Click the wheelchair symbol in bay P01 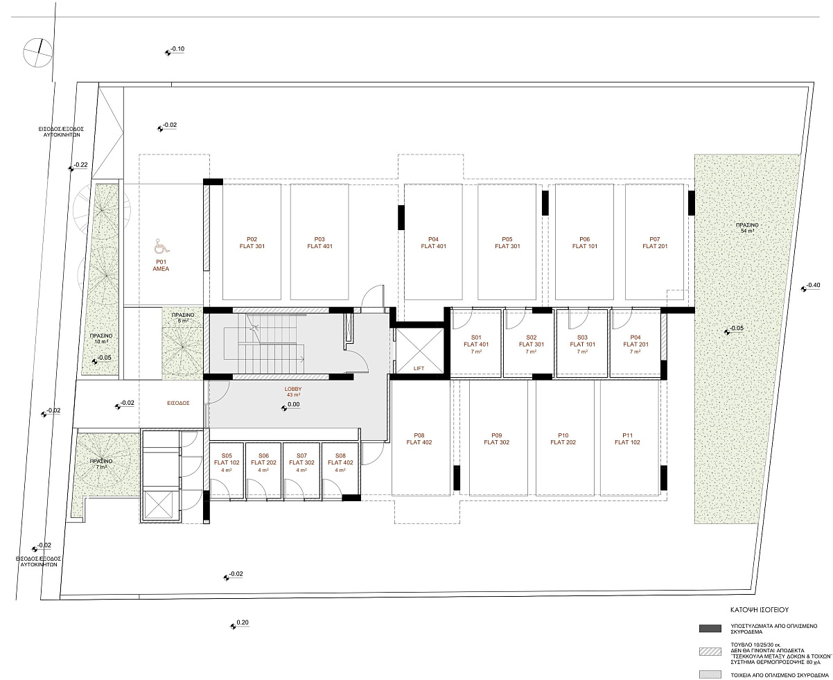(x=162, y=245)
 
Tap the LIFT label (x=419, y=368)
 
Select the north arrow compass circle (x=37, y=53)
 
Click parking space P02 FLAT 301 (x=252, y=242)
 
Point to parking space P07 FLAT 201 (x=654, y=242)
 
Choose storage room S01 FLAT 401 (x=476, y=343)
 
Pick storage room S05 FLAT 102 (x=227, y=470)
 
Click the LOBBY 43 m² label (x=293, y=392)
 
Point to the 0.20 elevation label (x=239, y=623)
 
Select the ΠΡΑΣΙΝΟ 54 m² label (x=747, y=228)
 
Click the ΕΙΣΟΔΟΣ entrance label (x=178, y=403)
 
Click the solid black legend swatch (x=710, y=629)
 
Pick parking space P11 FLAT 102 (x=629, y=437)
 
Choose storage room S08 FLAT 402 (x=340, y=470)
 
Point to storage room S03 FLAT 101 (x=582, y=343)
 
